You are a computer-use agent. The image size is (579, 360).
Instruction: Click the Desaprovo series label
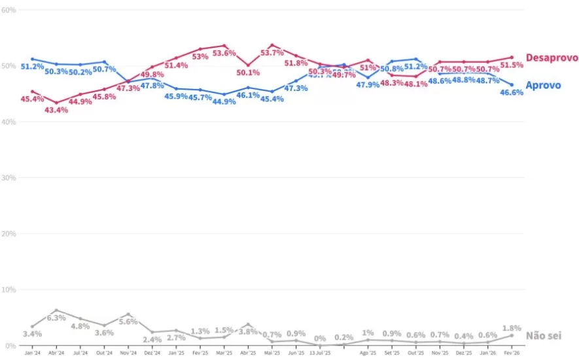[552, 58]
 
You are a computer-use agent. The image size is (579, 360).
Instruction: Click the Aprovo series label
[543, 86]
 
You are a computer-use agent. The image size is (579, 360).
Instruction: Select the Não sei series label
[543, 336]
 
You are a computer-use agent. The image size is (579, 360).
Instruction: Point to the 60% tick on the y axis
[9, 10]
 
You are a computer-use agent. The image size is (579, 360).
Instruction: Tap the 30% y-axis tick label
[9, 178]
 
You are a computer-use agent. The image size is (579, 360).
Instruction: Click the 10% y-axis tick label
[9, 289]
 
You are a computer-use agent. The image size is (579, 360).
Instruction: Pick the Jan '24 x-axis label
[32, 353]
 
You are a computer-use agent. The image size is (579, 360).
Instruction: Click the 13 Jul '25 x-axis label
[320, 353]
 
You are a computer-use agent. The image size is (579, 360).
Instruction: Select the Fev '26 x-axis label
[512, 353]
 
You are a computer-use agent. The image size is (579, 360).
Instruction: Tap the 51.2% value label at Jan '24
[32, 67]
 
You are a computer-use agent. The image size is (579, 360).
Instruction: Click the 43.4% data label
[56, 110]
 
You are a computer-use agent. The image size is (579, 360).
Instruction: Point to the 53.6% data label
[224, 54]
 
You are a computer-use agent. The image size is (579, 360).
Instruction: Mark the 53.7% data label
[273, 53]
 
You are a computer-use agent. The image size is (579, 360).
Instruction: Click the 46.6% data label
[512, 93]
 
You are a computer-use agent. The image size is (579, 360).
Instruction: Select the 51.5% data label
[512, 65]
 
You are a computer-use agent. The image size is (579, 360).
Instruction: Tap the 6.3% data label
[56, 318]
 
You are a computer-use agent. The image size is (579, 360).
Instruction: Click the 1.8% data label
[512, 328]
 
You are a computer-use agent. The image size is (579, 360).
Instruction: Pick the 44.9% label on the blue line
[224, 102]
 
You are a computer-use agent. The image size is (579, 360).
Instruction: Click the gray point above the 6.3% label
[56, 310]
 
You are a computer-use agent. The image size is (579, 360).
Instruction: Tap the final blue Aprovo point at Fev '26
[512, 84]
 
